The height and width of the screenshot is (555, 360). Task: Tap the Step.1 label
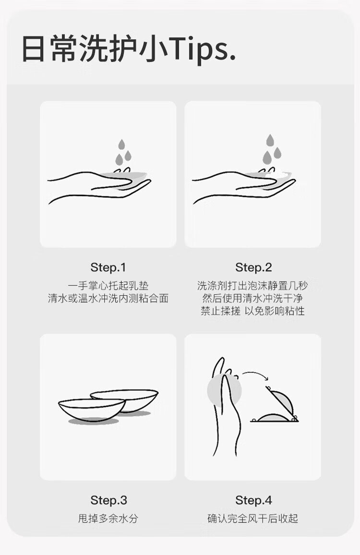(x=108, y=267)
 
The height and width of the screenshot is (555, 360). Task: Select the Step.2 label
(x=253, y=267)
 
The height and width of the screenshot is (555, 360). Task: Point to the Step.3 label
(x=108, y=500)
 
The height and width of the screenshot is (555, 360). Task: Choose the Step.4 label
(x=253, y=500)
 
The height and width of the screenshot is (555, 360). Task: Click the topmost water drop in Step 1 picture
(x=122, y=145)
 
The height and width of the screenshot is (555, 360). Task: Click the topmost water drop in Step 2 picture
(x=270, y=140)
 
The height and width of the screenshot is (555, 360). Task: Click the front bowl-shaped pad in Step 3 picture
(x=92, y=410)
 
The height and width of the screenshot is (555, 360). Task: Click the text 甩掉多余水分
(x=108, y=519)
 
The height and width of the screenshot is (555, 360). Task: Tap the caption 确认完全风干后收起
(x=253, y=519)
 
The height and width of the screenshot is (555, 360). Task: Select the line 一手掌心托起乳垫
(x=108, y=286)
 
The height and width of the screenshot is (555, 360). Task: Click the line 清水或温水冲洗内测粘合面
(x=108, y=298)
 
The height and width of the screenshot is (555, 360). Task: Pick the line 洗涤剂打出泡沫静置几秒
(x=253, y=286)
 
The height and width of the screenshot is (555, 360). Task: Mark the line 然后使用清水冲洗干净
(x=253, y=298)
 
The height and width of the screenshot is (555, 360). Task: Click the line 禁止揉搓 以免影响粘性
(x=253, y=311)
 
